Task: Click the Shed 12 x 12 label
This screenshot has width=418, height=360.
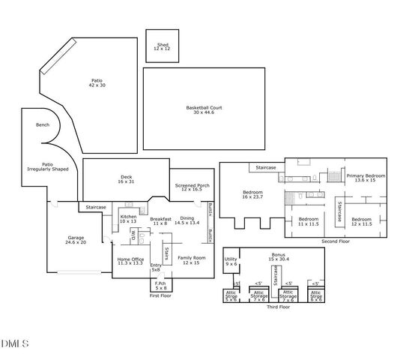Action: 163,46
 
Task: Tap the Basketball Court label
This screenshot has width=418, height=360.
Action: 205,110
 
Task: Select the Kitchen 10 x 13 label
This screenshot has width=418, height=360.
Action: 129,219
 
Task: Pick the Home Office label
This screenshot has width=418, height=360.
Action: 130,261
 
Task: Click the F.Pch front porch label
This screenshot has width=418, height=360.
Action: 160,286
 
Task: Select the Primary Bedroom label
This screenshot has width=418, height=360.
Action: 365,178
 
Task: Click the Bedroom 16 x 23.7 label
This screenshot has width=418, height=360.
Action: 252,195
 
